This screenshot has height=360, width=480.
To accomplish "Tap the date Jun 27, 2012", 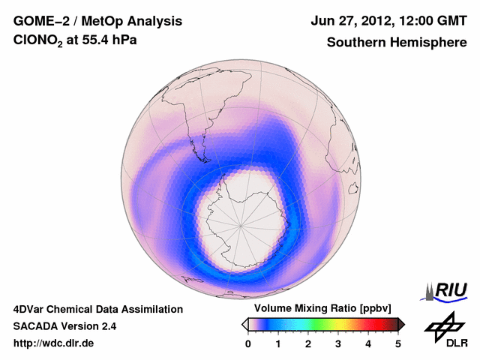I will pyautogui.click(x=350, y=21).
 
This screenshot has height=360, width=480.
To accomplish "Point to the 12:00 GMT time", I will pyautogui.click(x=432, y=21).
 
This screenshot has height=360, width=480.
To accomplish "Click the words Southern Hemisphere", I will pyautogui.click(x=396, y=43).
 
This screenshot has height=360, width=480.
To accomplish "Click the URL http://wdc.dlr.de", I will pyautogui.click(x=54, y=343).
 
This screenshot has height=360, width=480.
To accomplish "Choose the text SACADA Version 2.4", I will pyautogui.click(x=64, y=326).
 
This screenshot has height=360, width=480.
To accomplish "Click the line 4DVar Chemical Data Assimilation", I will pyautogui.click(x=97, y=309).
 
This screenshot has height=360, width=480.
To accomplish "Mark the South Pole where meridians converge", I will pyautogui.click(x=241, y=224).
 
